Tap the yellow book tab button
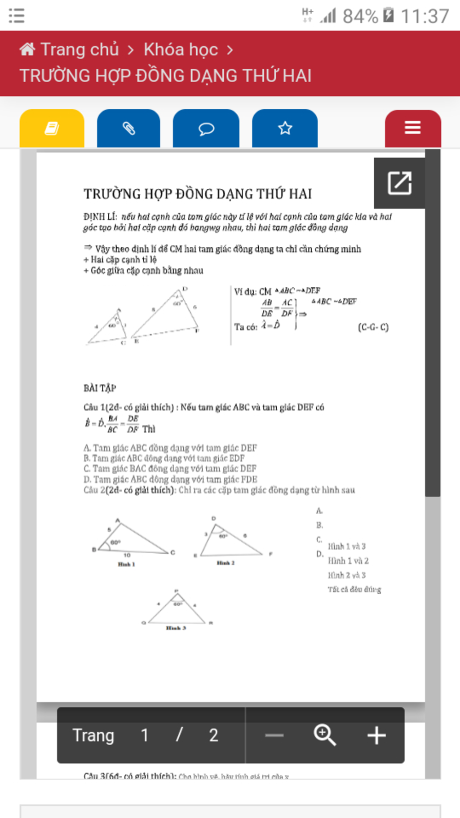[x=52, y=129]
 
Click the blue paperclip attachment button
[x=128, y=129]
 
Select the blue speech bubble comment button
[x=206, y=129]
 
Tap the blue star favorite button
[x=285, y=129]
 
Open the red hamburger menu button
[x=412, y=128]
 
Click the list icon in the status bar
[x=17, y=16]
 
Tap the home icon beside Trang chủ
[x=27, y=49]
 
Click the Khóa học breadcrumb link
[x=181, y=49]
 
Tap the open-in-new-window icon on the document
[x=399, y=183]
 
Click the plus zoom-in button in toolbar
[x=376, y=736]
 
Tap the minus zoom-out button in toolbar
[x=274, y=736]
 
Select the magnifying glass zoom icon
[x=325, y=735]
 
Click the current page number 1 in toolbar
[x=145, y=736]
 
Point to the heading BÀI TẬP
[x=100, y=388]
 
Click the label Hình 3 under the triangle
[x=176, y=628]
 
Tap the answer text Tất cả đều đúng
[x=354, y=589]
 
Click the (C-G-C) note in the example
[x=373, y=327]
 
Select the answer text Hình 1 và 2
[x=348, y=561]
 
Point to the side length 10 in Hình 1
[x=127, y=556]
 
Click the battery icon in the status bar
[x=389, y=15]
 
